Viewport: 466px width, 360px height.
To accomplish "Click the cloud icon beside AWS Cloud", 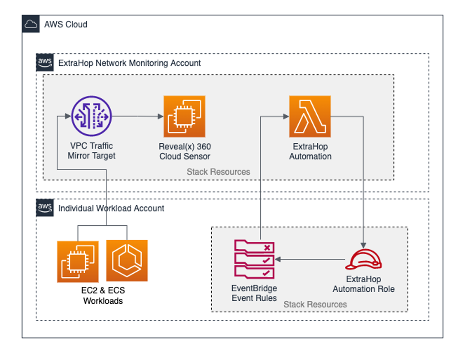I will click(x=31, y=24).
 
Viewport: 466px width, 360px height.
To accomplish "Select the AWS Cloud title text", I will click(x=66, y=24).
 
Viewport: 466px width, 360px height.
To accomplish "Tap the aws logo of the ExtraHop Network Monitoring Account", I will click(x=45, y=63).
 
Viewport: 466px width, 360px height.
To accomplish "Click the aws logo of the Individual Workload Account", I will click(x=45, y=208).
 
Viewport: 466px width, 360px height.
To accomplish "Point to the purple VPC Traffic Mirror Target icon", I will click(x=91, y=116).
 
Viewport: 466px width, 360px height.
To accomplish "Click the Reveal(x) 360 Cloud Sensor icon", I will click(x=184, y=116).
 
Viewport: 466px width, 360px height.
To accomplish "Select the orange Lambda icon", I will click(x=310, y=116).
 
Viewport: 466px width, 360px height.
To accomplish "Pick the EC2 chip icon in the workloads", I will click(x=78, y=261).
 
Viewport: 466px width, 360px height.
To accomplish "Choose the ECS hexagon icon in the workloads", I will click(x=127, y=261).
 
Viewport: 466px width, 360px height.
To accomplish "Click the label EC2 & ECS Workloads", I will click(x=103, y=296).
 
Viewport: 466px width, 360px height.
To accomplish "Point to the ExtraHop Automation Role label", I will click(x=363, y=284).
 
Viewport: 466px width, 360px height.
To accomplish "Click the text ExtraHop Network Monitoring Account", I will click(x=129, y=63).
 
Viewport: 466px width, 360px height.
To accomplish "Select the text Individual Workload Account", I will click(x=111, y=208).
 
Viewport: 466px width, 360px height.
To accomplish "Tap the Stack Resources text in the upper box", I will click(x=218, y=171).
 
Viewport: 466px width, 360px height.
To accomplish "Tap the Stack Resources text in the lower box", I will click(x=315, y=304).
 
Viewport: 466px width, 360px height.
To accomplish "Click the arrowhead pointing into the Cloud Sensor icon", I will click(x=160, y=116).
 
